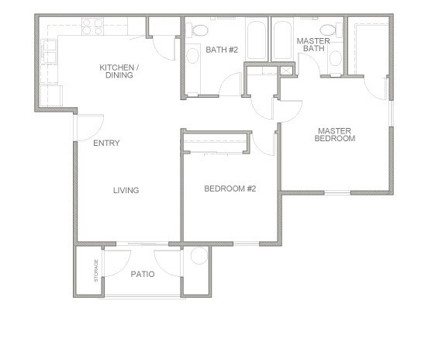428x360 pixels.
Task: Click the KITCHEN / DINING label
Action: pyautogui.click(x=119, y=72)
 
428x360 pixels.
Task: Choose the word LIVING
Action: pyautogui.click(x=126, y=190)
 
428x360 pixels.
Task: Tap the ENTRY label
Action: pyautogui.click(x=105, y=144)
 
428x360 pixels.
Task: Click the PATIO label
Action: pyautogui.click(x=142, y=273)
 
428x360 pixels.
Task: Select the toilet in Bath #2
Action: pyautogui.click(x=199, y=31)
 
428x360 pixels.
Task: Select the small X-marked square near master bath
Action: pyautogui.click(x=287, y=71)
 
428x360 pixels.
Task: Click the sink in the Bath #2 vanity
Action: pyautogui.click(x=192, y=57)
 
